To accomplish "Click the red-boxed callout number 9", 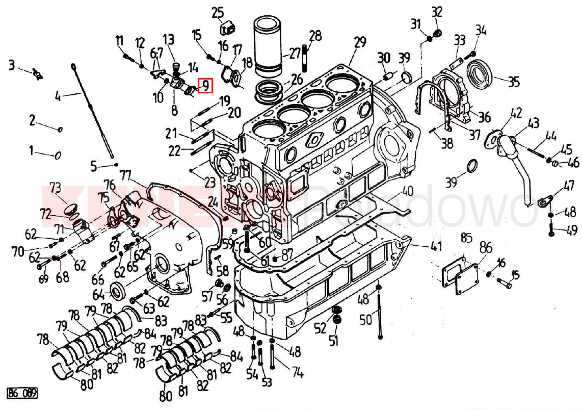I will pyautogui.click(x=205, y=86).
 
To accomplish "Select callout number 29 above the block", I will pyautogui.click(x=360, y=42).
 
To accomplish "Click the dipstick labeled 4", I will pyautogui.click(x=92, y=110).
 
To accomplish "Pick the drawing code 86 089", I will pyautogui.click(x=22, y=393).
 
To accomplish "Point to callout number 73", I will pyautogui.click(x=55, y=187).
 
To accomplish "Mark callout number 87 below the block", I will pyautogui.click(x=287, y=253).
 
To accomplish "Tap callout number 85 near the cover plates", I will pyautogui.click(x=466, y=237).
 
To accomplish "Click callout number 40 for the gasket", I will pyautogui.click(x=407, y=192).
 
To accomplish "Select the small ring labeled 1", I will pyautogui.click(x=58, y=155).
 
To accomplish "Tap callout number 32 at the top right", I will pyautogui.click(x=437, y=12).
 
